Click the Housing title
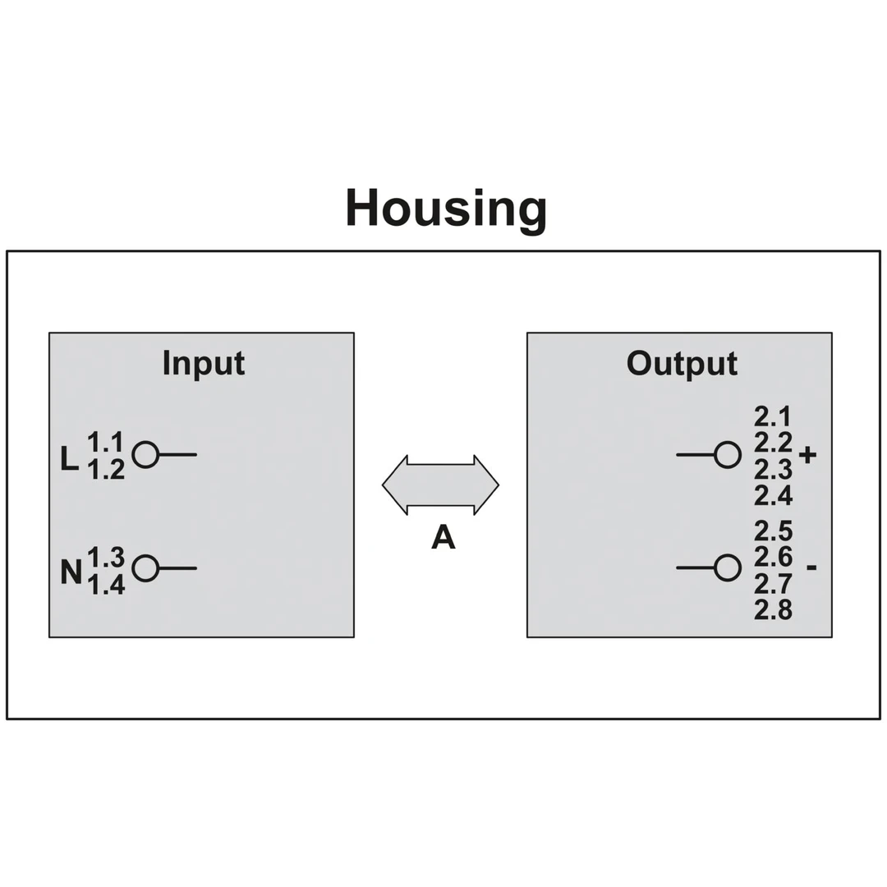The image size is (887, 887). tap(445, 209)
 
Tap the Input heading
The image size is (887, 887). tap(203, 363)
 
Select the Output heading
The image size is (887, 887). tap(682, 363)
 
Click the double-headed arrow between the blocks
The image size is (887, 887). tap(440, 485)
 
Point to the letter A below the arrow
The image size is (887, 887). tap(443, 537)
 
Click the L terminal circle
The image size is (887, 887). tap(145, 454)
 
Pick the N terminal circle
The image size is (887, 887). tap(145, 568)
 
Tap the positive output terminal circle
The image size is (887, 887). tap(728, 454)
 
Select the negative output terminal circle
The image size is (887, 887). tap(728, 568)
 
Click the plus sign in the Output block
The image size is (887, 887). tap(807, 454)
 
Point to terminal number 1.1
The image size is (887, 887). tap(106, 443)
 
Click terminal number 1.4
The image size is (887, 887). tap(106, 585)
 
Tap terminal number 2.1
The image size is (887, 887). tap(773, 416)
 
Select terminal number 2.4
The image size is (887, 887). tap(773, 496)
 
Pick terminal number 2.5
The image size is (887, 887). tap(773, 531)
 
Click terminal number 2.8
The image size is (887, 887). tap(773, 610)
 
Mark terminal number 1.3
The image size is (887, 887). tap(106, 557)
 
